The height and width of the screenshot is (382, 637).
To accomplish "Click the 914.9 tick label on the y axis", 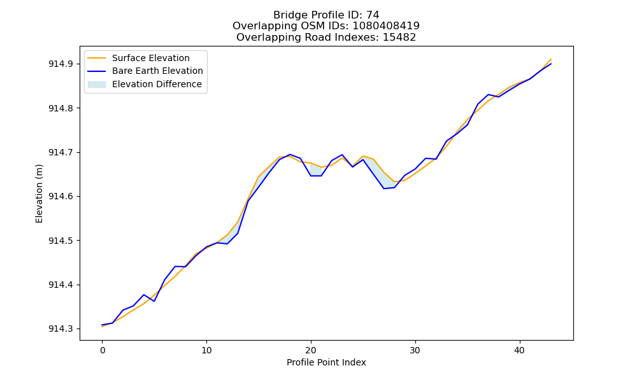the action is [x=61, y=64].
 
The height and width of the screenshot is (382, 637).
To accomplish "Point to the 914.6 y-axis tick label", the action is [x=61, y=197].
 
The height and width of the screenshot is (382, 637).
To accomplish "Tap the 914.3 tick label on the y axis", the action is [x=61, y=329].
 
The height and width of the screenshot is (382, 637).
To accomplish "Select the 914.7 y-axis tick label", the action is [x=61, y=153].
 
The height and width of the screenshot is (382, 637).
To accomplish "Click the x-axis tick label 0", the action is [x=103, y=350].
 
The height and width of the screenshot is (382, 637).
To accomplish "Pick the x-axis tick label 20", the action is [x=311, y=350].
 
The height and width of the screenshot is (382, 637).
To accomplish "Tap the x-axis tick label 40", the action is [x=520, y=350].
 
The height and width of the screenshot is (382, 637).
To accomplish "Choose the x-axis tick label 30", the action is [x=415, y=350].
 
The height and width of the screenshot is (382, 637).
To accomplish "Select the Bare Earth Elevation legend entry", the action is [x=145, y=71].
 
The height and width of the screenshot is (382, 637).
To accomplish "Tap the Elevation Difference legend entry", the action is [x=145, y=84].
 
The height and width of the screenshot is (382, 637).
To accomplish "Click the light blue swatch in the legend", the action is [x=97, y=85].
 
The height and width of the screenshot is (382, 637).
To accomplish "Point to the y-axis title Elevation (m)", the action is [x=39, y=194].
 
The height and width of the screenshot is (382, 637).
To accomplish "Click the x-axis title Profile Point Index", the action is [x=326, y=362].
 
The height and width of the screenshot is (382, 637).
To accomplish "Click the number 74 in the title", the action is [x=373, y=15].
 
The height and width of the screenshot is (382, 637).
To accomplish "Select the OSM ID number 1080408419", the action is [x=386, y=26].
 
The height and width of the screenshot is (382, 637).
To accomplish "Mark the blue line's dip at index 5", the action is [x=154, y=301].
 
